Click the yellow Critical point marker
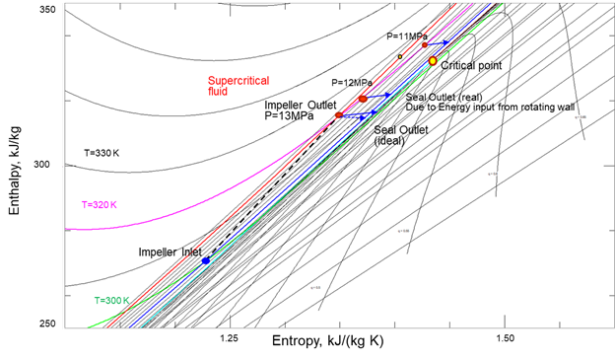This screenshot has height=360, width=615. tap(432, 61)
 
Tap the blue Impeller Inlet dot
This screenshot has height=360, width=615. tap(205, 260)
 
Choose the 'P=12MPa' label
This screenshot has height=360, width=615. tap(350, 82)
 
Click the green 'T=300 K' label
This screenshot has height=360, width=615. tap(114, 300)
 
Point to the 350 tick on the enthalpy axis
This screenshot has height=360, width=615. tap(50, 9)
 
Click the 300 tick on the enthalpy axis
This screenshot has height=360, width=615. tap(50, 165)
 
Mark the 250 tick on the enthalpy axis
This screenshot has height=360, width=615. tap(50, 324)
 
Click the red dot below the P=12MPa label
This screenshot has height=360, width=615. tap(363, 99)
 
